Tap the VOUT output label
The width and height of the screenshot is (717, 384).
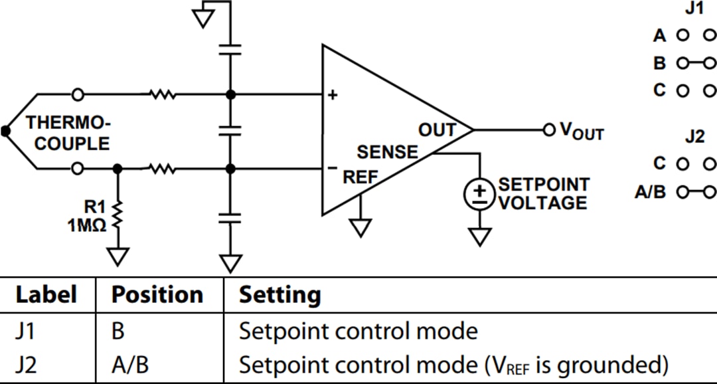click(x=582, y=130)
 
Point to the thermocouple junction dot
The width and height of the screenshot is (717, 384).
click(x=6, y=131)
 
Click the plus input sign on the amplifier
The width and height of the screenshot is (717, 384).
click(x=333, y=95)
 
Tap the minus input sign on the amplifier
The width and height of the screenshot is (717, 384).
click(x=333, y=168)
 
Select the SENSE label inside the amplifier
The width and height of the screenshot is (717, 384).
click(x=388, y=152)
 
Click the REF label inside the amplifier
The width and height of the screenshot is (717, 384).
click(x=360, y=177)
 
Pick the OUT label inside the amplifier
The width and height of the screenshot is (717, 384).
click(x=437, y=130)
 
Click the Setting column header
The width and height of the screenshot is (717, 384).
click(x=279, y=294)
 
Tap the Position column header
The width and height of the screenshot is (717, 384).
click(x=157, y=294)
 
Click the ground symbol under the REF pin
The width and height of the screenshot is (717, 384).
click(x=360, y=228)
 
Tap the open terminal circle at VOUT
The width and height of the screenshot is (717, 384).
click(x=548, y=130)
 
